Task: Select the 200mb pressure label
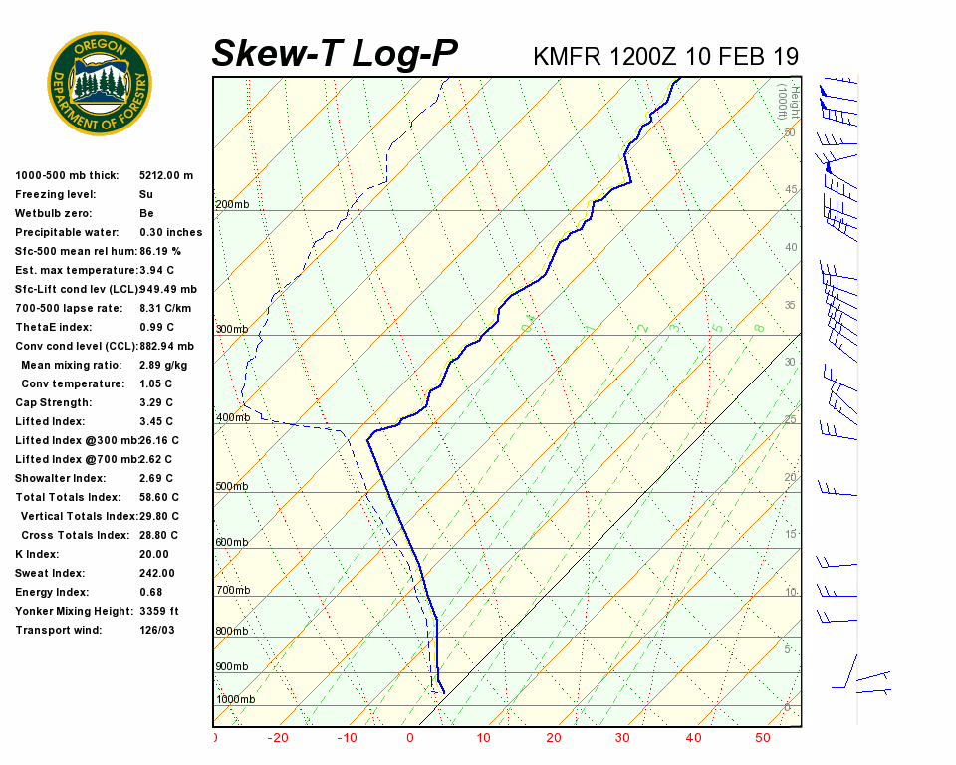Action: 232,205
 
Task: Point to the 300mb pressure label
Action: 232,329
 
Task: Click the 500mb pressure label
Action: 232,486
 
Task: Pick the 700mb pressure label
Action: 232,591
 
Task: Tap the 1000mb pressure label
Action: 235,699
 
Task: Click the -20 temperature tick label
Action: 278,738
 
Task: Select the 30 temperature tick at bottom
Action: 622,738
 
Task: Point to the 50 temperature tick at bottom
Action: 763,738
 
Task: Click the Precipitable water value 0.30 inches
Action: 170,232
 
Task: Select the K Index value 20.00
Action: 154,554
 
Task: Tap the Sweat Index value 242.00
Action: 157,573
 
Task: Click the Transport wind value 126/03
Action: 157,630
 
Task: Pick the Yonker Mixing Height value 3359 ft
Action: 159,611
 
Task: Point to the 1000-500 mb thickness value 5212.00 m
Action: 166,175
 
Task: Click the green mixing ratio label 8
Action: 759,328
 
